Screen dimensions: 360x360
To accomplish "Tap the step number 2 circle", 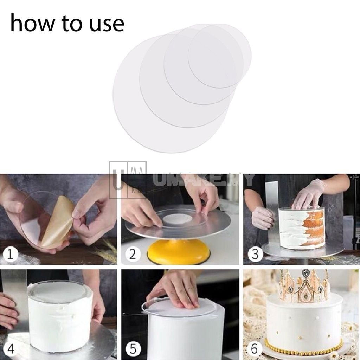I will (x=132, y=254).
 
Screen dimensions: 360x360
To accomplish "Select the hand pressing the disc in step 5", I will (x=176, y=290).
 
